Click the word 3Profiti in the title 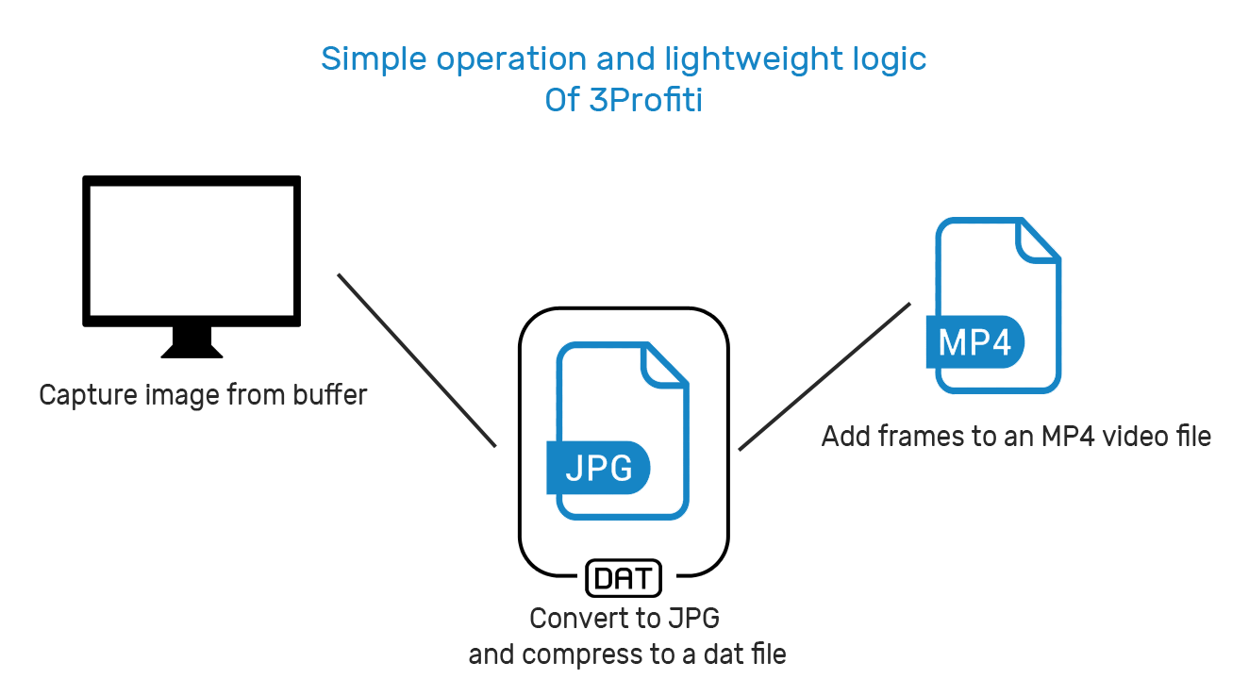[646, 100]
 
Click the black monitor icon [192, 252]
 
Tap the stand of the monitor [192, 342]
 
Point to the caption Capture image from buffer [203, 393]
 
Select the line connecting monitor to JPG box [416, 359]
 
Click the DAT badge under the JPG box [624, 577]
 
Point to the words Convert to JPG [624, 619]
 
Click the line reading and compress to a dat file [627, 654]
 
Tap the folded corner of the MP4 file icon [1039, 240]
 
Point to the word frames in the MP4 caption [910, 436]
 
